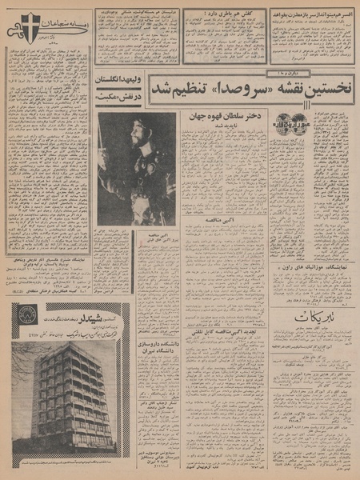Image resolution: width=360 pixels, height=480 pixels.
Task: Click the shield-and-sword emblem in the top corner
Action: coord(76,23)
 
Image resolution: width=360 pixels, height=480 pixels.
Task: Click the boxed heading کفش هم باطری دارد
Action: coord(223,14)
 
